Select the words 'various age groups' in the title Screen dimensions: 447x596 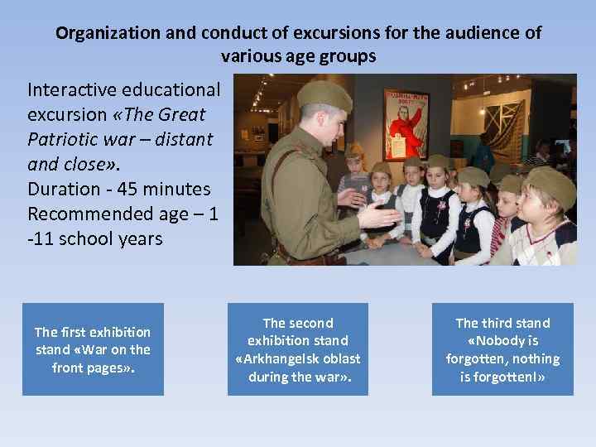tap(298, 57)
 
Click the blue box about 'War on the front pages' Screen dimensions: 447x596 tap(92, 349)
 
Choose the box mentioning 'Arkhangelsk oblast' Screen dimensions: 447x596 tap(298, 349)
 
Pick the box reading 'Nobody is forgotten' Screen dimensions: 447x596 tap(502, 349)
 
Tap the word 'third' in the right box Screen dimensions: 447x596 tap(503, 323)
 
